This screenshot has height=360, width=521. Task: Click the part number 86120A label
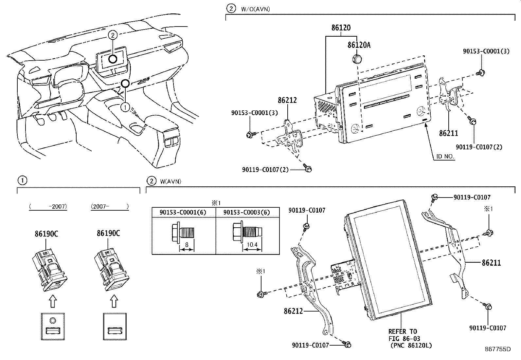click(x=359, y=45)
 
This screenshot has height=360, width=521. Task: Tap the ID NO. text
click(x=445, y=157)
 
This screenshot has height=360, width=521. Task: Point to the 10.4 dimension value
click(x=252, y=244)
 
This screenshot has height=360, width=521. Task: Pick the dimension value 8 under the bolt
click(x=187, y=244)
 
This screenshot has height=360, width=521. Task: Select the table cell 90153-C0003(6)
click(x=247, y=212)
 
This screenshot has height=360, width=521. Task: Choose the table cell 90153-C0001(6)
click(x=183, y=212)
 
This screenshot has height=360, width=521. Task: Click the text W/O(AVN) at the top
click(x=255, y=9)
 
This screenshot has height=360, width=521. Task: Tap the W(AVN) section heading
click(x=171, y=181)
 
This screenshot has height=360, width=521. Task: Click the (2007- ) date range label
click(x=110, y=206)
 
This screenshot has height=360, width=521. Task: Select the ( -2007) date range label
click(x=48, y=206)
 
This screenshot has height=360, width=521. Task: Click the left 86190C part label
click(x=46, y=234)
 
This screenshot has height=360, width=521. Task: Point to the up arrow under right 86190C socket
click(x=114, y=301)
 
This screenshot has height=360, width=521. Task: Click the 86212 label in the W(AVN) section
click(x=294, y=311)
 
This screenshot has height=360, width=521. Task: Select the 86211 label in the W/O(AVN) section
click(x=449, y=133)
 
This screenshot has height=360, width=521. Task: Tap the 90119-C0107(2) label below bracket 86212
click(x=265, y=170)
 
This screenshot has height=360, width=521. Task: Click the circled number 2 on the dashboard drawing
click(x=112, y=35)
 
